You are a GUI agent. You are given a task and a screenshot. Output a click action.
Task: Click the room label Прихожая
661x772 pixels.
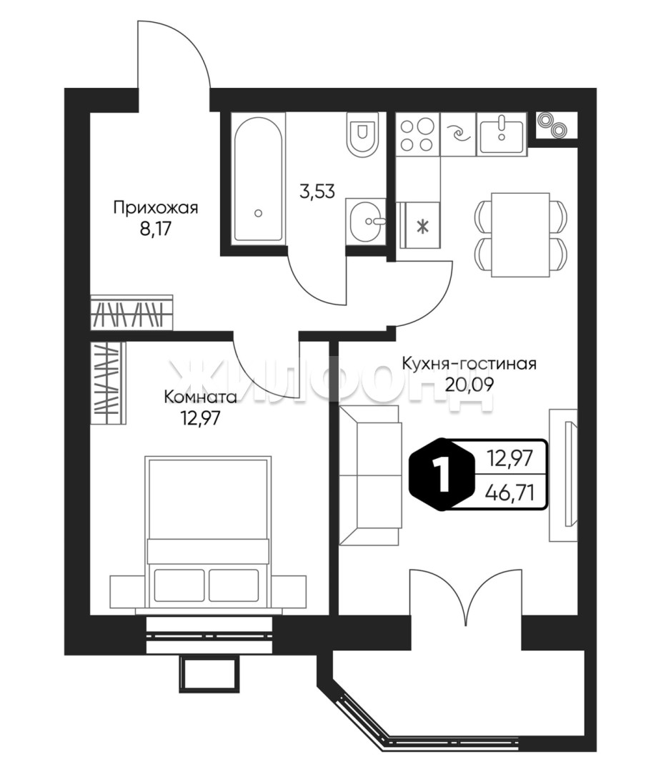coord(156,208)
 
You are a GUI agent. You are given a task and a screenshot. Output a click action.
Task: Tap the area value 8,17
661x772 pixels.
coord(156,230)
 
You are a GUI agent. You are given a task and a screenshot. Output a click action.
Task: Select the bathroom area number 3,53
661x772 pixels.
coord(317,191)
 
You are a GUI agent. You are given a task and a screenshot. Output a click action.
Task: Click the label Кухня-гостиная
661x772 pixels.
coord(469,364)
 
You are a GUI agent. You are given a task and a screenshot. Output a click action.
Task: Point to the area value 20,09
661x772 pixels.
coord(469,384)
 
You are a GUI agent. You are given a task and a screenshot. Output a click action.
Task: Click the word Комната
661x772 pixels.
coord(200,396)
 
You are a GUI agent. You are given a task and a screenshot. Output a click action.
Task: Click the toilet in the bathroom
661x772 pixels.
coord(363,134)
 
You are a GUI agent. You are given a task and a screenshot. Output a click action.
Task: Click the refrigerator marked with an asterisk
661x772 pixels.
coord(422,225)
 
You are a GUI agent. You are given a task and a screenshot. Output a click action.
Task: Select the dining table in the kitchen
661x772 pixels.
coord(521,235)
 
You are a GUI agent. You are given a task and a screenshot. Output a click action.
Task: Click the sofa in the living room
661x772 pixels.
coord(369,475)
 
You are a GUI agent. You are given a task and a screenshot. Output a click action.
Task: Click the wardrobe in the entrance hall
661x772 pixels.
coord(132,312)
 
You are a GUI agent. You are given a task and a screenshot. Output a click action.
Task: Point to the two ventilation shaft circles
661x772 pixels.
coord(551,125)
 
